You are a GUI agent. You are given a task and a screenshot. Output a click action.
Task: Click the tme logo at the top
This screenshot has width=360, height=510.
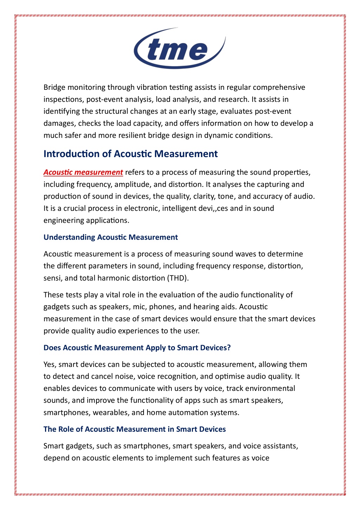pyautogui.click(x=179, y=49)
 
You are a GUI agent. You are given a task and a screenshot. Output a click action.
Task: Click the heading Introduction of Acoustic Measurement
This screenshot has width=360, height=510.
pyautogui.click(x=131, y=154)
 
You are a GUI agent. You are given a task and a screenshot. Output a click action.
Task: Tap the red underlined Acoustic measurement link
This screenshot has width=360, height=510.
pyautogui.click(x=83, y=172)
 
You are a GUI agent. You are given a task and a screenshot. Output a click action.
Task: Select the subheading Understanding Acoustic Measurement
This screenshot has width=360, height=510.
pyautogui.click(x=110, y=237)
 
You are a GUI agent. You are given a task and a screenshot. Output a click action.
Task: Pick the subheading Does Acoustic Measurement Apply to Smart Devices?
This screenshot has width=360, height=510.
pyautogui.click(x=137, y=348)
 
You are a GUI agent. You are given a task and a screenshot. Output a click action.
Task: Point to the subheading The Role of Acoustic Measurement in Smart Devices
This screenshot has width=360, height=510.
pyautogui.click(x=134, y=429)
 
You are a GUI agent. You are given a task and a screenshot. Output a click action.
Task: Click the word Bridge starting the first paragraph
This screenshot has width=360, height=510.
pyautogui.click(x=54, y=87)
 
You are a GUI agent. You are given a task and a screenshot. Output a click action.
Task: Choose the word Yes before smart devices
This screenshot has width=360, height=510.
pyautogui.click(x=50, y=364)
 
